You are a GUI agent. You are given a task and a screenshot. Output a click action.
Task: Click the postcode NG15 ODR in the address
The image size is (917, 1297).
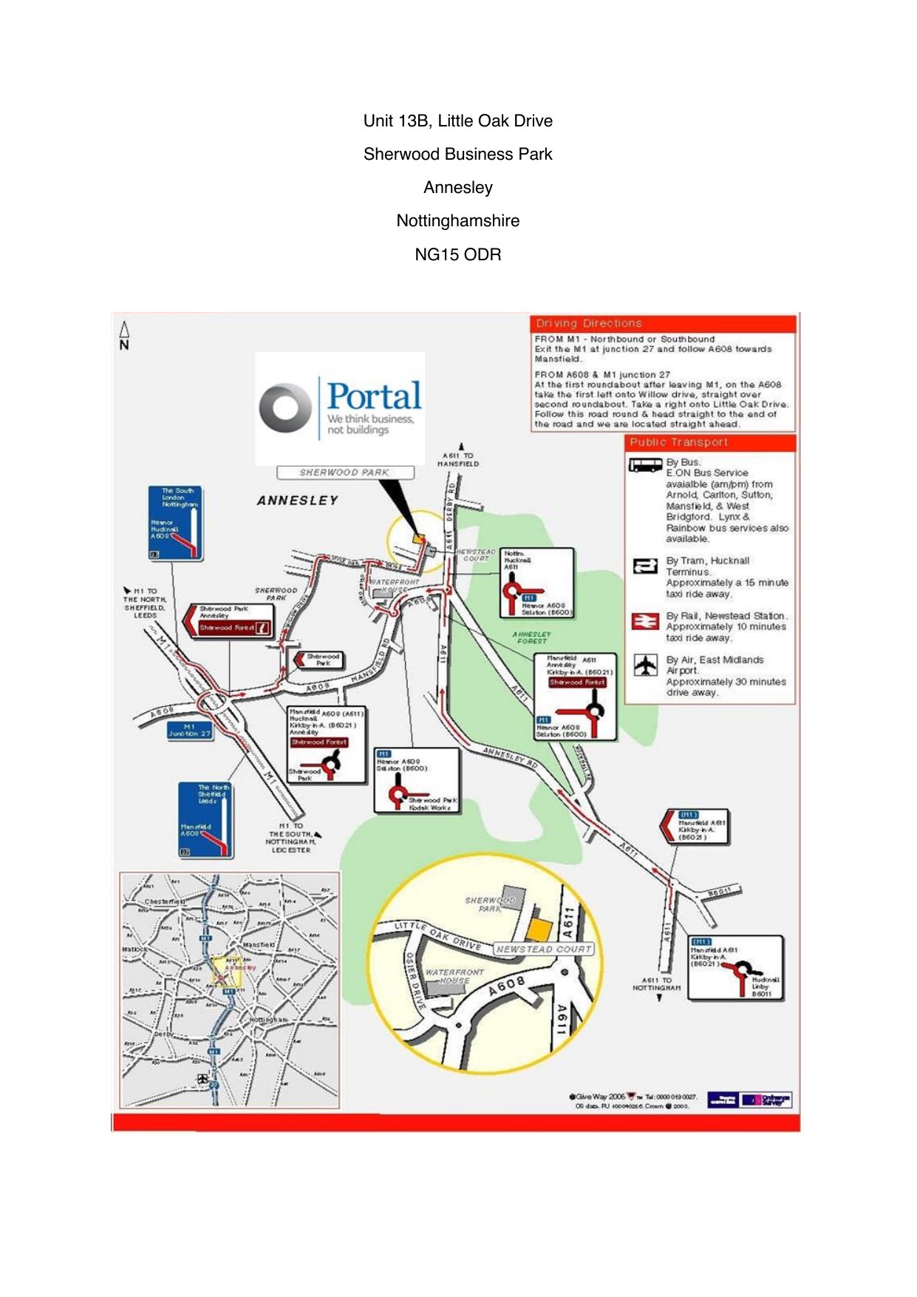[x=457, y=254]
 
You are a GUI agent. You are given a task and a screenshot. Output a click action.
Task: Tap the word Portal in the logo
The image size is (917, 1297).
[x=374, y=396]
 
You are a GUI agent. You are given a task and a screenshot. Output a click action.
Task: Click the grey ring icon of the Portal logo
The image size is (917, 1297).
[x=285, y=407]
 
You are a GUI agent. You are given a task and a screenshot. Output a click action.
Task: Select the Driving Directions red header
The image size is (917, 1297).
[x=662, y=323]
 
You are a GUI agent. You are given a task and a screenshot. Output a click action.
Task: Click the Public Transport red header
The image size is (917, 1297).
[x=709, y=442]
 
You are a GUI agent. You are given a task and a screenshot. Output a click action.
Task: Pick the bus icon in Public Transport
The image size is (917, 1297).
[x=644, y=465]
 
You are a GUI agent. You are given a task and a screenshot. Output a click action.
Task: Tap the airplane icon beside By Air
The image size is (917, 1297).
[x=646, y=665]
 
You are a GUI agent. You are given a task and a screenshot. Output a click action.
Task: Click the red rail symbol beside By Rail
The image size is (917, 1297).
[x=645, y=621]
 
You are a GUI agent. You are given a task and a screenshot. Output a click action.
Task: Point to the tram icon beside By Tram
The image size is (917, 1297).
[x=645, y=566]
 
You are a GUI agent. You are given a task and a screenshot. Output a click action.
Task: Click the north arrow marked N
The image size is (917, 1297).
[x=124, y=336]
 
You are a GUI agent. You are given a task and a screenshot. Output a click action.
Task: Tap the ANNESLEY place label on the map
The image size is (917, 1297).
[x=297, y=501]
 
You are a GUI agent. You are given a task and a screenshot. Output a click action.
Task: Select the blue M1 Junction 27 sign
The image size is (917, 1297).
[x=189, y=730]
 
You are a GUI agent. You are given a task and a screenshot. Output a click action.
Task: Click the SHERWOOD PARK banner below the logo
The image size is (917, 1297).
[x=344, y=472]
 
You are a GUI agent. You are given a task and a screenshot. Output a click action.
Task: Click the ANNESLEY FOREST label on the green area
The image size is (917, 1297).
[x=532, y=637]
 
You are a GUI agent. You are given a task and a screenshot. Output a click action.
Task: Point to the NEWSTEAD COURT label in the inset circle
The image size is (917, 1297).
[x=544, y=949]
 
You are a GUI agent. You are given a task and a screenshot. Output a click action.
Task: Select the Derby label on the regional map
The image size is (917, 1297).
[x=163, y=1034]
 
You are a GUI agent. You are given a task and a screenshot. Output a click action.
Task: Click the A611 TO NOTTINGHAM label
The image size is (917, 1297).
[x=657, y=983]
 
